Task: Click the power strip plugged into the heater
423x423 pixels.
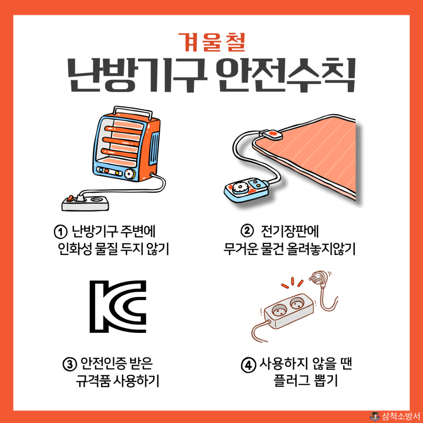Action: point(86,203)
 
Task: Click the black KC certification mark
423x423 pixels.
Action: point(118,306)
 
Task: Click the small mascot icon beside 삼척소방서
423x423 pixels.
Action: point(374,416)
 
